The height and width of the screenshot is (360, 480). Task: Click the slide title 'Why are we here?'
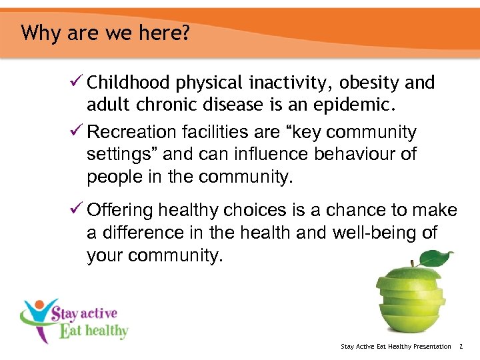[x=105, y=33]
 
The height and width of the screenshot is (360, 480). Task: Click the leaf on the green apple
[x=436, y=259]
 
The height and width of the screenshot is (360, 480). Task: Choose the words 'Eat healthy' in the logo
[x=93, y=331]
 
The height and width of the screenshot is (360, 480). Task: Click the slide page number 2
[x=461, y=347]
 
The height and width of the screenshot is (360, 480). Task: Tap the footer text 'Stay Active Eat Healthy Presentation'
[x=396, y=347]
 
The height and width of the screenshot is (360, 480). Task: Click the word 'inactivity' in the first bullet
[x=291, y=83]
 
